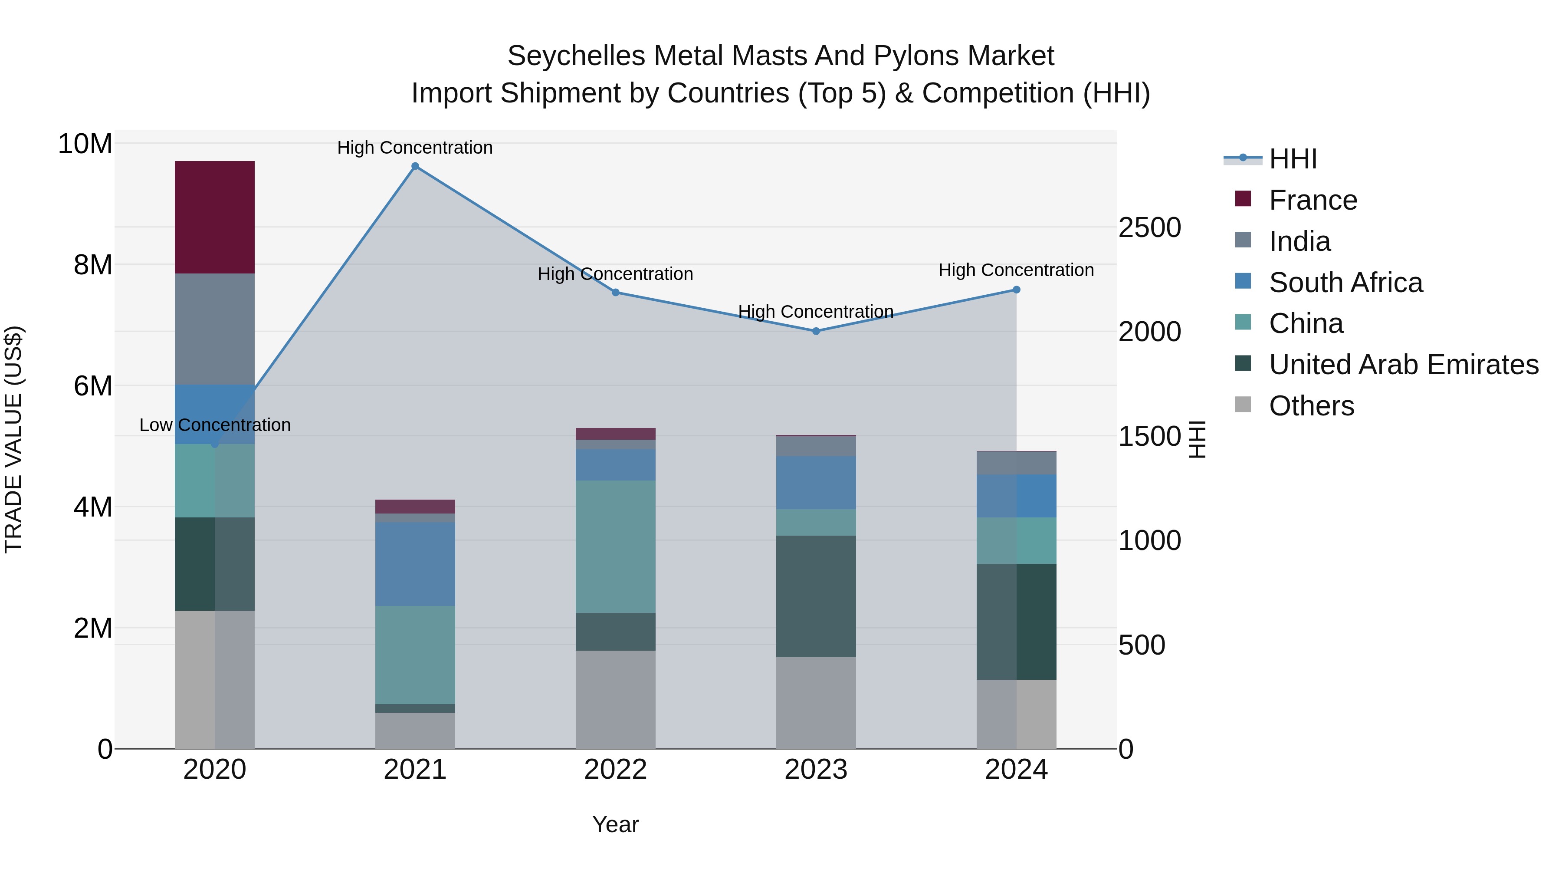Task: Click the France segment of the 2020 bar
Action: (215, 217)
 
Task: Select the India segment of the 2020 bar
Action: (215, 329)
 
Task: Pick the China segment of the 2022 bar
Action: (615, 546)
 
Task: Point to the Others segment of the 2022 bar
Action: (615, 699)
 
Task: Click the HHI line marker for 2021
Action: (415, 166)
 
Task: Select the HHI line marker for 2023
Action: (816, 331)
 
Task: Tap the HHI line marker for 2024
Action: (1016, 290)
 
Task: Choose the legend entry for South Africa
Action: (1345, 283)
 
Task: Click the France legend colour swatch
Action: (1243, 199)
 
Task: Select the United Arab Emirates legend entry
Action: (1403, 365)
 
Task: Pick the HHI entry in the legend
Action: (1292, 159)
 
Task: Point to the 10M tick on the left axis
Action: (85, 145)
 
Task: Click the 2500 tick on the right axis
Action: (1149, 228)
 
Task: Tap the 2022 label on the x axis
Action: (615, 770)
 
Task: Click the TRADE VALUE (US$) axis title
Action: (13, 439)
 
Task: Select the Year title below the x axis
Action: (615, 824)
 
